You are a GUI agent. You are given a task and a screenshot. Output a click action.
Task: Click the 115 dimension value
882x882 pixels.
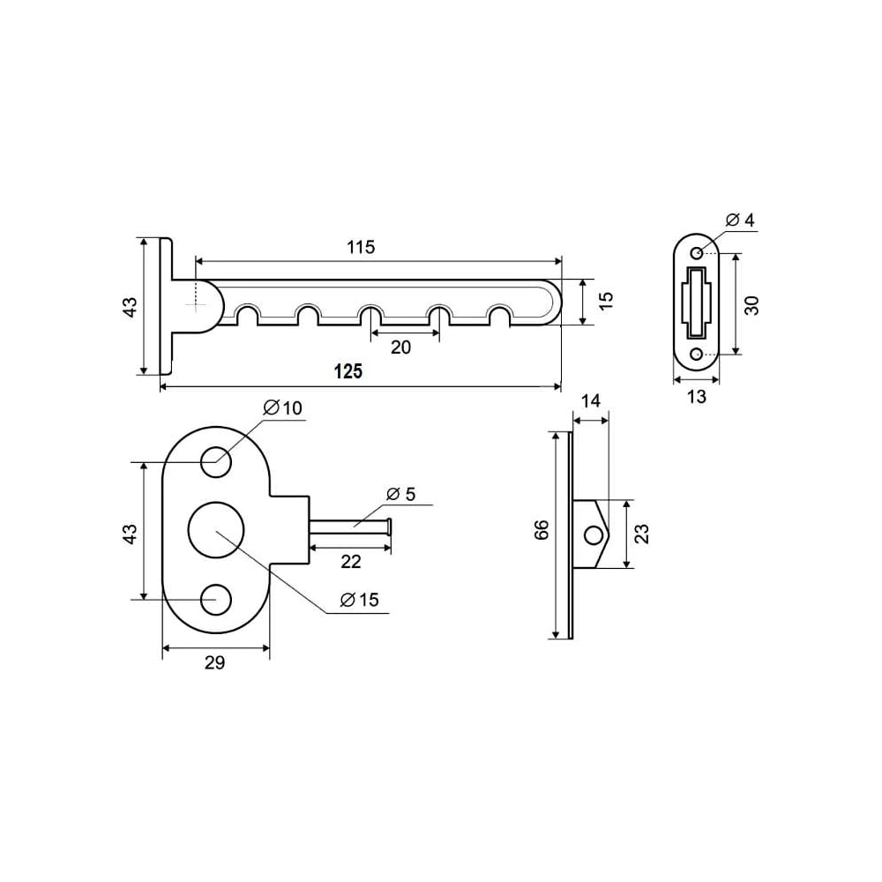tap(361, 247)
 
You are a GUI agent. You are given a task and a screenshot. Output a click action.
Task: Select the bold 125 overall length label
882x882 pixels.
tap(348, 371)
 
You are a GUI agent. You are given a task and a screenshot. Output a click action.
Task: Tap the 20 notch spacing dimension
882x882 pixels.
tap(400, 347)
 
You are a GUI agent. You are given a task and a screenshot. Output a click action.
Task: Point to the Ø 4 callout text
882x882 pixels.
tap(740, 220)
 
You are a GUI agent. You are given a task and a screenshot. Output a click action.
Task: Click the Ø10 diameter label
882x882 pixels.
tap(283, 407)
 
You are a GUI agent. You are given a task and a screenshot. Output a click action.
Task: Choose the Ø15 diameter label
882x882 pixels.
tap(360, 600)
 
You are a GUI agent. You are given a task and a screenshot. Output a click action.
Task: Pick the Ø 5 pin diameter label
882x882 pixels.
tap(401, 494)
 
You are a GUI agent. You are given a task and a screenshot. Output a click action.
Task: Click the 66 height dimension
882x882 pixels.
tap(542, 530)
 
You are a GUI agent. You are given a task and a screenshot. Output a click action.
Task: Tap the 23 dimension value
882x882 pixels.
tap(641, 534)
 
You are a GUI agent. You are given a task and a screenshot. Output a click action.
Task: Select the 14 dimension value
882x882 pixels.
tap(591, 401)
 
